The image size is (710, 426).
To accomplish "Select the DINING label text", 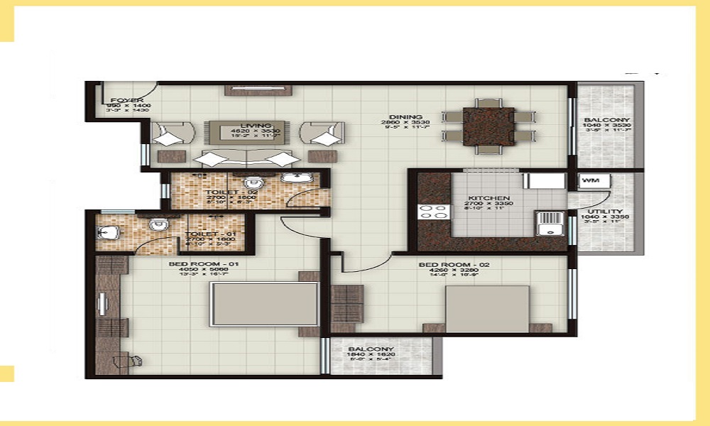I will pyautogui.click(x=405, y=117).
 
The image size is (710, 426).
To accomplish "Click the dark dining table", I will pyautogui.click(x=488, y=126).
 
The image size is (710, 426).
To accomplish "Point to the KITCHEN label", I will pyautogui.click(x=489, y=198).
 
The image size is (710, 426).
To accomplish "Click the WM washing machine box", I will pyautogui.click(x=589, y=181).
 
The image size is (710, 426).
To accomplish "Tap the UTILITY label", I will pyautogui.click(x=604, y=212).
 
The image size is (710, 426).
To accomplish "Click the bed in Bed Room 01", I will pyautogui.click(x=263, y=304).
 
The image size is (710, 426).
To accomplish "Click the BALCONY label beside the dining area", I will pyautogui.click(x=604, y=120).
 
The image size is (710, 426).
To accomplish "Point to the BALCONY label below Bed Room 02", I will pyautogui.click(x=371, y=349).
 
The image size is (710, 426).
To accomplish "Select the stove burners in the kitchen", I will pyautogui.click(x=434, y=212).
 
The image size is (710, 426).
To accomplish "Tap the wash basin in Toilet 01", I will pyautogui.click(x=107, y=231).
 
